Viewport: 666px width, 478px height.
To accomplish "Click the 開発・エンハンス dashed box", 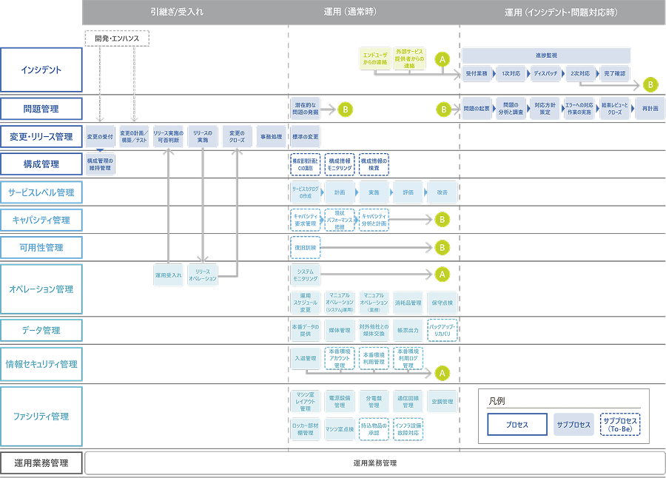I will coord(117,37).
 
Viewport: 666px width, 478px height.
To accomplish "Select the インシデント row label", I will coord(41,70).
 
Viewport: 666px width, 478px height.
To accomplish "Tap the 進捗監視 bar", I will coord(546,55).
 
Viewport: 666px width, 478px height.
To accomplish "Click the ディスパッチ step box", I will coord(545,74).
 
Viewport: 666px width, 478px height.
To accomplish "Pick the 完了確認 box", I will coord(614,74).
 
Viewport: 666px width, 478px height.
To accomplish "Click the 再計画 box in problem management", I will coord(650,109).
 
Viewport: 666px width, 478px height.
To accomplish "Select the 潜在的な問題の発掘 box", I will coord(305,109).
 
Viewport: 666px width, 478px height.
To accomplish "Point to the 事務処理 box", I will coord(271,137).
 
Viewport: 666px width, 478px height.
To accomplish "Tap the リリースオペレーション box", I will coord(203,275).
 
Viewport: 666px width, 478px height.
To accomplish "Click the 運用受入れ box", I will coord(169,275).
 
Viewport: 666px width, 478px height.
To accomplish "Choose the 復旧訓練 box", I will coord(305,247).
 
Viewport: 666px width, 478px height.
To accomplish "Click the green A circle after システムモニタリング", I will coord(442,275).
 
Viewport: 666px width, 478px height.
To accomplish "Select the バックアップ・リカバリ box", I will coord(443,330).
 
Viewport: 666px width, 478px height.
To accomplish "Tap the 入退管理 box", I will coord(305,358).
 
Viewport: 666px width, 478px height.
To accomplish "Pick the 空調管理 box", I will coord(443,403).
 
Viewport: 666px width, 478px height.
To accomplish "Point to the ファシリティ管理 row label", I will coord(41,416).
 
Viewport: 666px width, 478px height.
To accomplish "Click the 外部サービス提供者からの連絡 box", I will coord(409,59).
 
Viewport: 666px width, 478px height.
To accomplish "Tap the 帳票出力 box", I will coord(408,330).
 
